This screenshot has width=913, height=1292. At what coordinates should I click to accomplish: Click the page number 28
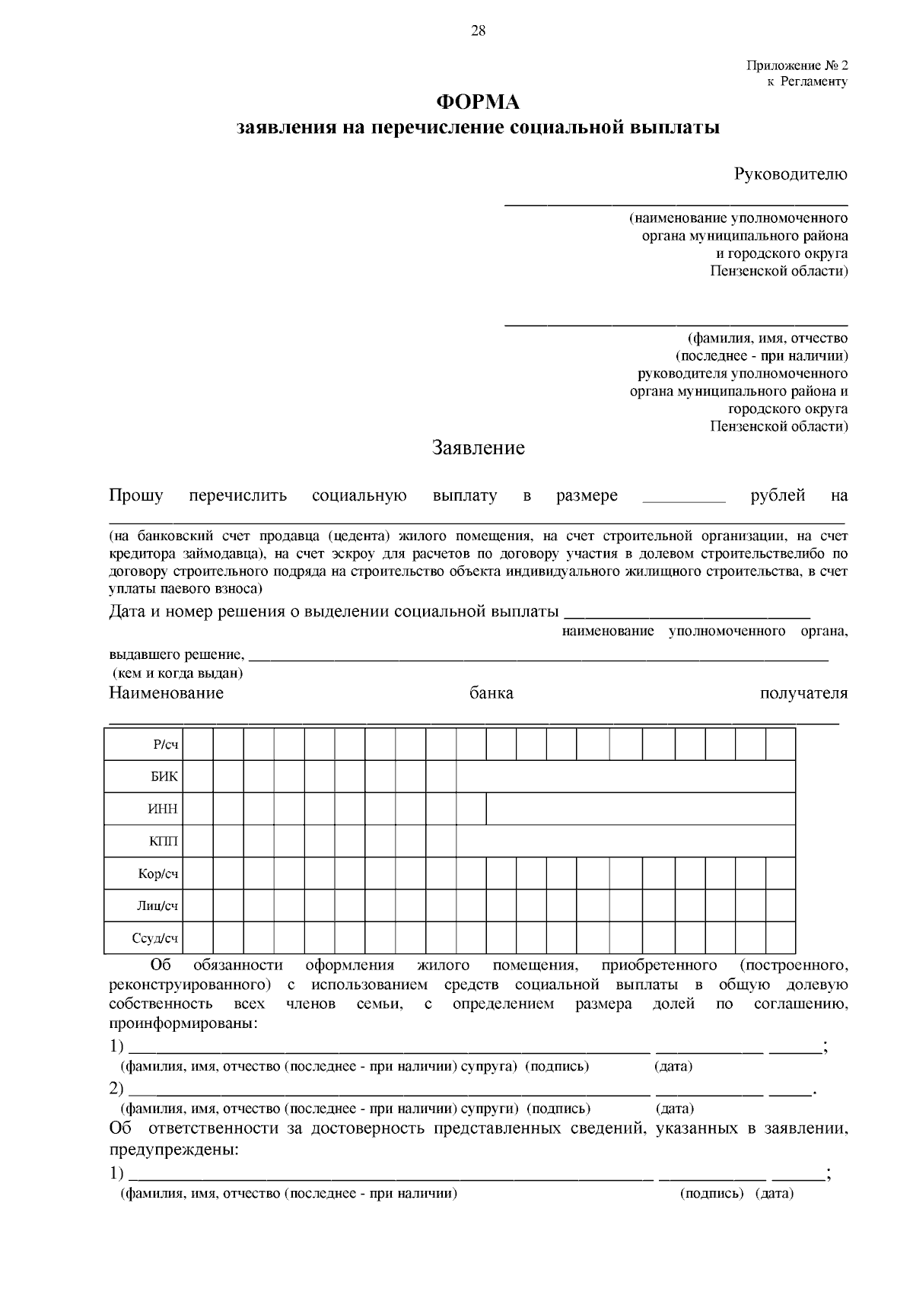click(478, 30)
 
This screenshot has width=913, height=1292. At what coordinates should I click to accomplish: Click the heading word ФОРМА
click(477, 102)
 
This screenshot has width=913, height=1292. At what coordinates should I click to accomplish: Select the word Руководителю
click(791, 174)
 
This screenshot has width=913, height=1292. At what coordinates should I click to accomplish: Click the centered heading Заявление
click(479, 447)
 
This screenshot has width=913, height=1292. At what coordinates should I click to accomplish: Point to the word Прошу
click(136, 496)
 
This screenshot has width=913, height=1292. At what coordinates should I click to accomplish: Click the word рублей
click(778, 496)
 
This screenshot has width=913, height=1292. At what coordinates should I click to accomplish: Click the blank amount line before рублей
click(684, 500)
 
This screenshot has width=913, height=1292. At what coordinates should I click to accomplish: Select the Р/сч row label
click(165, 745)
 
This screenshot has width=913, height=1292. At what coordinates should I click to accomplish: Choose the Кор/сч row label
click(157, 874)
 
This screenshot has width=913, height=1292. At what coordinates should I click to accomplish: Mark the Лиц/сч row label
click(157, 905)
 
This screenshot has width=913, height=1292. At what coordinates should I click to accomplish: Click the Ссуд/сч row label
click(154, 938)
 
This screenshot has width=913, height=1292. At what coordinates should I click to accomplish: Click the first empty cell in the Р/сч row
click(198, 744)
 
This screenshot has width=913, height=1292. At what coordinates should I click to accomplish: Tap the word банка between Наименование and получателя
click(491, 693)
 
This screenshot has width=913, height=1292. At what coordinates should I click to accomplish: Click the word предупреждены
click(173, 1149)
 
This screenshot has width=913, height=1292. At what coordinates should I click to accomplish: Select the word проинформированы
click(183, 1024)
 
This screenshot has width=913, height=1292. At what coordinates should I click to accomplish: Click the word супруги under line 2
click(492, 1109)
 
